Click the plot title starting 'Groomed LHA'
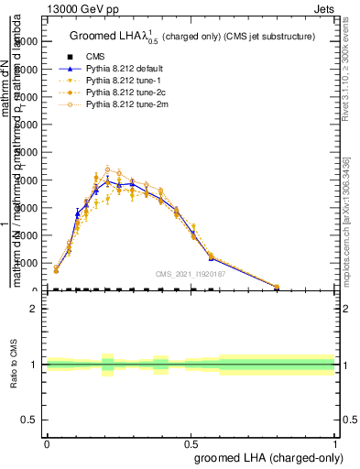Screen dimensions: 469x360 point(192,37)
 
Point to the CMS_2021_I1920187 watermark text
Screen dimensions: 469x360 point(191,274)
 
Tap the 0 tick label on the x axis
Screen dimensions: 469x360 point(47,443)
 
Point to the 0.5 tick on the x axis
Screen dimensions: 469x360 point(191,443)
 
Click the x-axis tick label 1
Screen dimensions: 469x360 point(334,443)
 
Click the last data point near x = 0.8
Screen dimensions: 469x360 point(277,287)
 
